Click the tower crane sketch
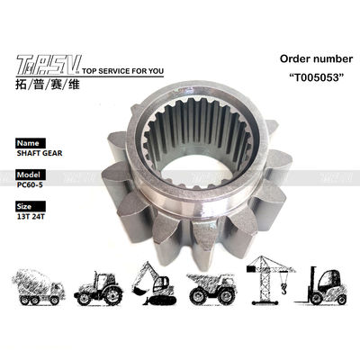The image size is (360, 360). (x=271, y=274)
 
